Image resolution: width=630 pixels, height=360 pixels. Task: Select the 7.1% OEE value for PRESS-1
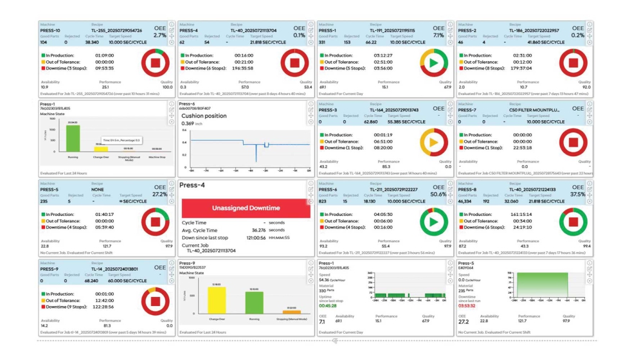(438, 36)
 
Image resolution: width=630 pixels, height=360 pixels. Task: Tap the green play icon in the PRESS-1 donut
(433, 62)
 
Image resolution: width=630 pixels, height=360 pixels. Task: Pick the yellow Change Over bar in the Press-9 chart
(216, 300)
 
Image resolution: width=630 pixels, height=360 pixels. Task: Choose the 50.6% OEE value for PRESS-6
(438, 194)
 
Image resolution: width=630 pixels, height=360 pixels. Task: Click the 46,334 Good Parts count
(468, 201)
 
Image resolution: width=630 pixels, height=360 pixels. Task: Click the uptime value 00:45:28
(328, 306)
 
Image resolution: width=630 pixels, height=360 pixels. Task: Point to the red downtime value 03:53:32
(468, 306)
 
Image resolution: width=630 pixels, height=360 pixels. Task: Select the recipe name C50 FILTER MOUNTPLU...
(535, 110)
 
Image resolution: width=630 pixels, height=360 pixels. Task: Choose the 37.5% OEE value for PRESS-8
(577, 194)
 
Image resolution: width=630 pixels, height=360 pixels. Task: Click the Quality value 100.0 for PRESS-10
(166, 87)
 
